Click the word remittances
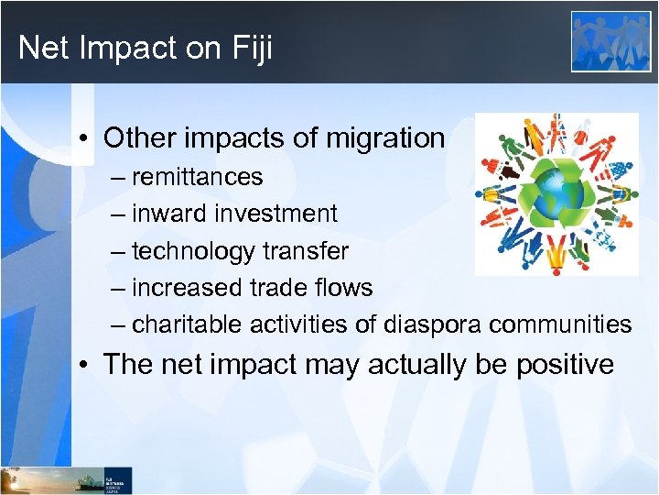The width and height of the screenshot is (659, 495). pyautogui.click(x=197, y=177)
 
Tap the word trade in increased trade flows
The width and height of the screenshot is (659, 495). pyautogui.click(x=275, y=288)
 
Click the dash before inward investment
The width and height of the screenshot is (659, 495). pyautogui.click(x=119, y=214)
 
